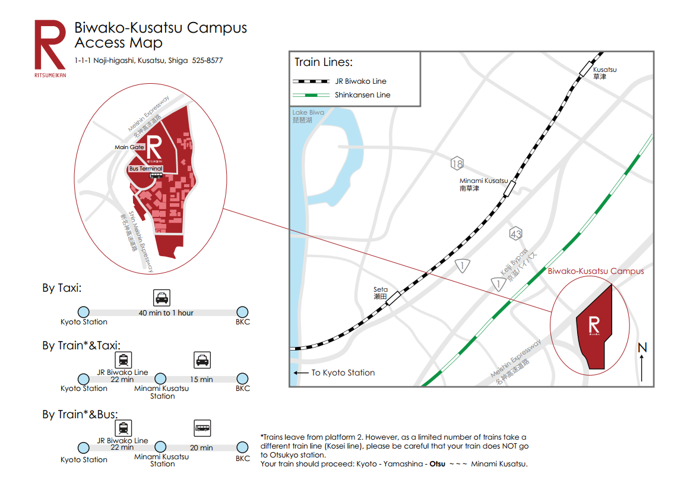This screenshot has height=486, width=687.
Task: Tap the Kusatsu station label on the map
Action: point(604,73)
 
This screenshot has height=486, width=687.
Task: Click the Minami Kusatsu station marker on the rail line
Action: point(509,189)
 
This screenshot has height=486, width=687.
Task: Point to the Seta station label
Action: point(381,293)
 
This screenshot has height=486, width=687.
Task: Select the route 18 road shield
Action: point(457,164)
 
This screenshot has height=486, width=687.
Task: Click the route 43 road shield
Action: point(515,234)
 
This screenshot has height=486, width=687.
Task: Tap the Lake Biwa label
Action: point(308,116)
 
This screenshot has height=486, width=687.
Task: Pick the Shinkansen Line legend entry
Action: point(341,95)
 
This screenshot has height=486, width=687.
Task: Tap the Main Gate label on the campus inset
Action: point(129,147)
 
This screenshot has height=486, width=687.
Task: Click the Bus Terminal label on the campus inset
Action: point(145,169)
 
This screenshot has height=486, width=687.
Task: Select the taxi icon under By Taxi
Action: point(161,297)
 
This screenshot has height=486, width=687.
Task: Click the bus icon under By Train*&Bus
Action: point(202,428)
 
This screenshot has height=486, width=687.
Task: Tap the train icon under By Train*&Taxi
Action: point(123,359)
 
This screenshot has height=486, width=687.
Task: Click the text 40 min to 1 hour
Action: point(166,313)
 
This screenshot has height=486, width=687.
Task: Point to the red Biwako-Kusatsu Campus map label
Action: point(596,272)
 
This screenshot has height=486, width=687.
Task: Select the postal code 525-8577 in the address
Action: point(207,61)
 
